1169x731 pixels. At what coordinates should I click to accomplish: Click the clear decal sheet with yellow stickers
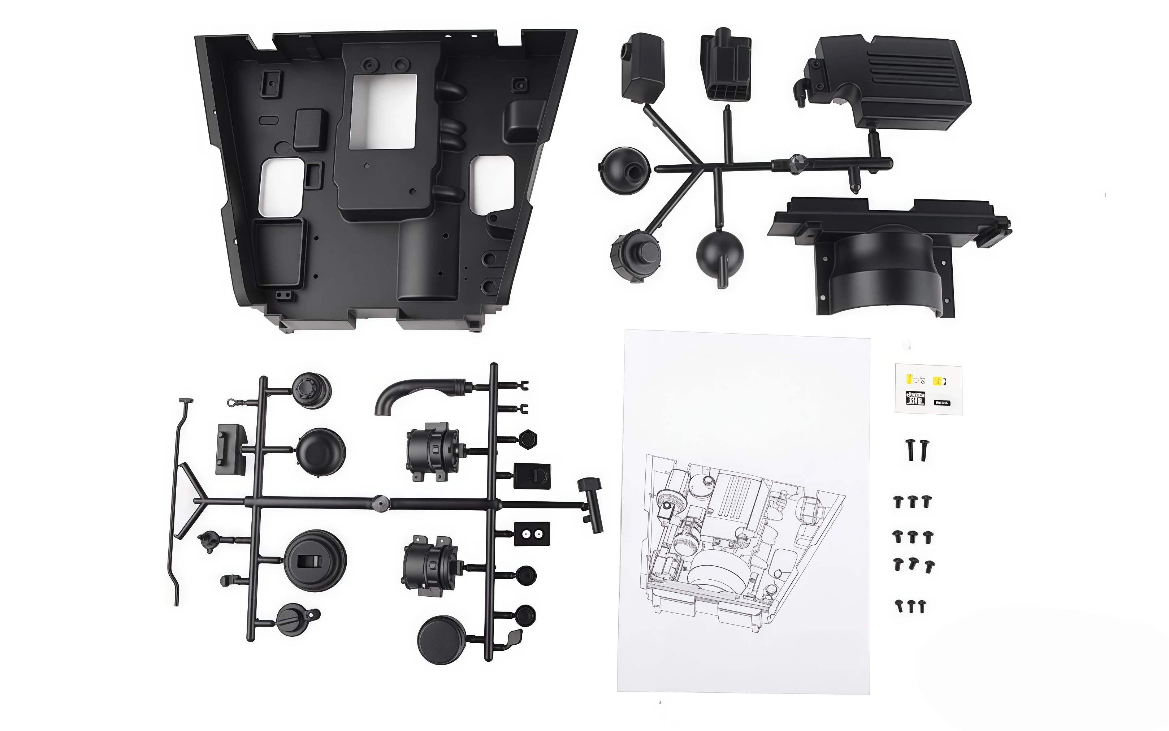pyautogui.click(x=928, y=390)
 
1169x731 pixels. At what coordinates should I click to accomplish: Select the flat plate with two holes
pyautogui.click(x=532, y=533)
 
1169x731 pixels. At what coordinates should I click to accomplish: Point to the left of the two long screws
pyautogui.click(x=910, y=450)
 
